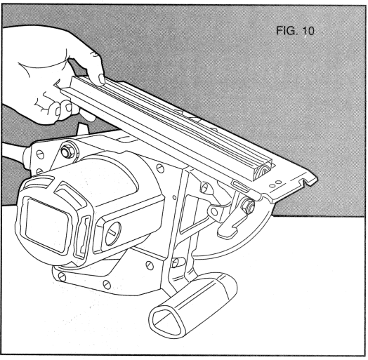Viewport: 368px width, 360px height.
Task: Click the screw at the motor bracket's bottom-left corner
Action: pos(61,280)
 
